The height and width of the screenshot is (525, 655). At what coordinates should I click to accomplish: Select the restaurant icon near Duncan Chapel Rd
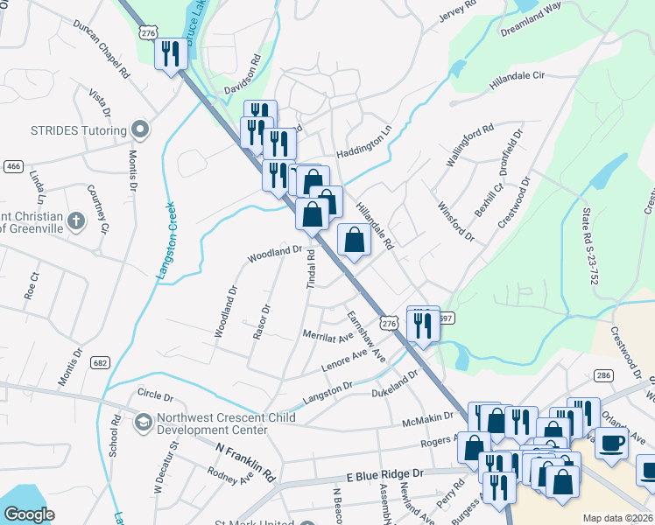pyautogui.click(x=169, y=53)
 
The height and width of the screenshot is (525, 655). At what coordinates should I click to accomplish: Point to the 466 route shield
pyautogui.click(x=12, y=166)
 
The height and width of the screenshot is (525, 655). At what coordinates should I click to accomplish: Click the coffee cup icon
pyautogui.click(x=611, y=443)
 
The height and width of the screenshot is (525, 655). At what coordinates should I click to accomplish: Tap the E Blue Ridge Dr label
pyautogui.click(x=384, y=473)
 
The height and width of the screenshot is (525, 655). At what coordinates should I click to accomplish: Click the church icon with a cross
pyautogui.click(x=77, y=220)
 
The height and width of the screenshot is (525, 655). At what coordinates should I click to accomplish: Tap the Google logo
pyautogui.click(x=29, y=514)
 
